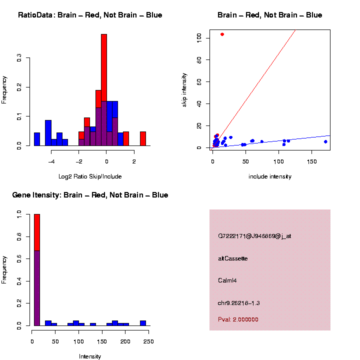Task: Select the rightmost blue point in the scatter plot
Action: (325, 141)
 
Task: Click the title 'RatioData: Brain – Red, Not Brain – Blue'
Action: (90, 15)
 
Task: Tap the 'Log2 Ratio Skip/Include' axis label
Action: (90, 176)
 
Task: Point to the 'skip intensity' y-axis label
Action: (184, 89)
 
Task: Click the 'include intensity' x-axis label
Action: (270, 176)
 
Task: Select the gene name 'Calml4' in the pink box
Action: (227, 280)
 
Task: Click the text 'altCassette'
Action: (233, 258)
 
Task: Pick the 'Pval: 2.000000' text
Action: (238, 319)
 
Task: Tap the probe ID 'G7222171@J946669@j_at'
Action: (254, 236)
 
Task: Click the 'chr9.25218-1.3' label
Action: (239, 303)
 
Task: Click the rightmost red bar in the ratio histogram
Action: (143, 138)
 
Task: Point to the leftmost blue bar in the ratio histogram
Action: (37, 139)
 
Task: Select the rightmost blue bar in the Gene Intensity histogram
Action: (143, 323)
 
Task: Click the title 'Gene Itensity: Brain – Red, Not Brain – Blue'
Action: (90, 195)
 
